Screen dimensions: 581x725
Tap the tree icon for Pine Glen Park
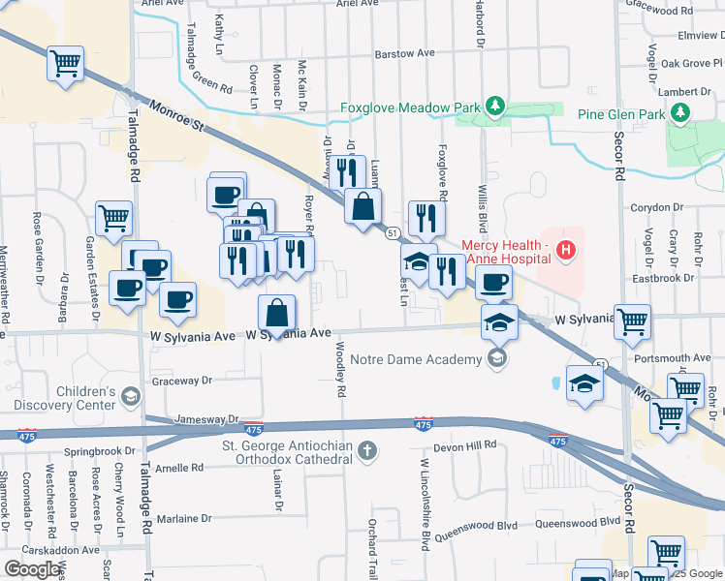click(x=680, y=114)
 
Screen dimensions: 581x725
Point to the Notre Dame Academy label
click(x=416, y=360)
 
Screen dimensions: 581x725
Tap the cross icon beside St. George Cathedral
click(x=366, y=449)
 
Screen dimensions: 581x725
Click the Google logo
click(x=32, y=569)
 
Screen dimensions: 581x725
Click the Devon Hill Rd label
click(x=464, y=445)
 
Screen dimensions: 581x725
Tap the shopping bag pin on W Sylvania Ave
click(x=277, y=314)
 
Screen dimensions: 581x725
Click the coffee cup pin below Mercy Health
click(x=494, y=283)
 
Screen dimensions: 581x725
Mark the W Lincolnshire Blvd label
click(x=424, y=505)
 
